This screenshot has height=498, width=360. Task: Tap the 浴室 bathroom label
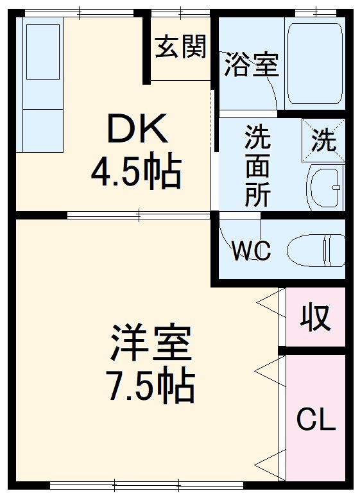pos(251,65)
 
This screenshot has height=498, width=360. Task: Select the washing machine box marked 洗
pos(323,140)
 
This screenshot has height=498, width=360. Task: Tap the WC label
pos(251,250)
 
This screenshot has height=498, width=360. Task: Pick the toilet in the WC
pos(314,250)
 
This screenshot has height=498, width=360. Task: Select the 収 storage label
pos(315,318)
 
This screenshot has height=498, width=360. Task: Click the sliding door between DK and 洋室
pos(138,214)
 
